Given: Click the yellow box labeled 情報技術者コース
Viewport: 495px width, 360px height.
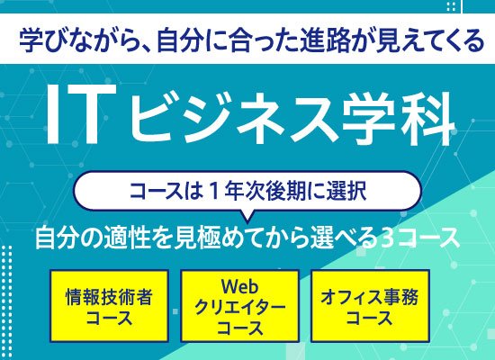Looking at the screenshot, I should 109,305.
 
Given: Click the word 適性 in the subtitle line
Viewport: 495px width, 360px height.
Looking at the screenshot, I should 132,239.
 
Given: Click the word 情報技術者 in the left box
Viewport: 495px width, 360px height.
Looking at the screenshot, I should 109,295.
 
